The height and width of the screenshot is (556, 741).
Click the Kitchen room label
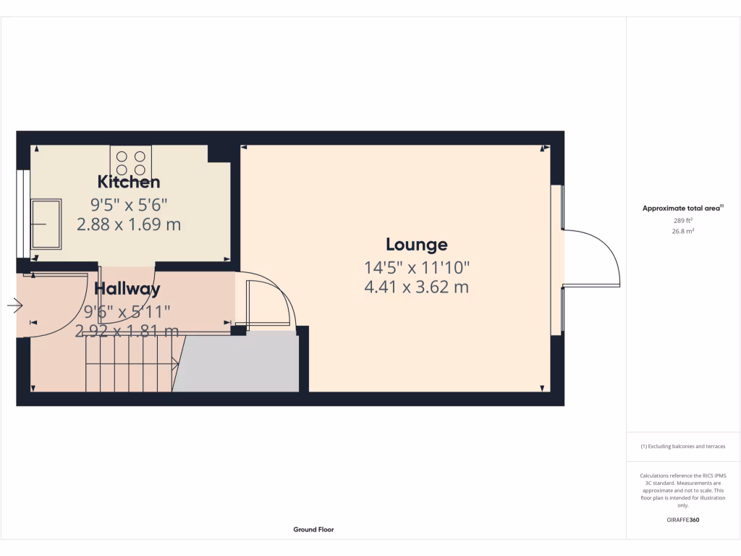(129, 182)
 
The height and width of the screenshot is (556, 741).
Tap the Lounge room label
(416, 245)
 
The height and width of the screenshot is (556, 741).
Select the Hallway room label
(127, 289)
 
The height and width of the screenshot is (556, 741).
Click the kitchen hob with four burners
(131, 161)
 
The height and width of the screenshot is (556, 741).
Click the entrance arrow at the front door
(14, 306)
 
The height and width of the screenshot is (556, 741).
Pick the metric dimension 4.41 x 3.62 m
(416, 287)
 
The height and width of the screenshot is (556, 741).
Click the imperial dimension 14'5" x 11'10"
(416, 268)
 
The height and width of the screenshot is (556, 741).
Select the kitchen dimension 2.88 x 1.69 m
(129, 224)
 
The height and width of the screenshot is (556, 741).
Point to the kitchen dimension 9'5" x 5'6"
(129, 205)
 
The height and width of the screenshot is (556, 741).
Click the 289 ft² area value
(683, 220)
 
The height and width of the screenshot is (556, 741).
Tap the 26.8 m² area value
(683, 232)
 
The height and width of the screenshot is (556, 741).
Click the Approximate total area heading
(682, 208)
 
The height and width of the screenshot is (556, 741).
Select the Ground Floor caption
(313, 530)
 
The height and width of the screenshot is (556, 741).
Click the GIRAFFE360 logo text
(683, 520)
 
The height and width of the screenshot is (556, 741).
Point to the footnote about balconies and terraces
(683, 447)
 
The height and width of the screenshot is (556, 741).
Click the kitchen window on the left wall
(22, 214)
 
